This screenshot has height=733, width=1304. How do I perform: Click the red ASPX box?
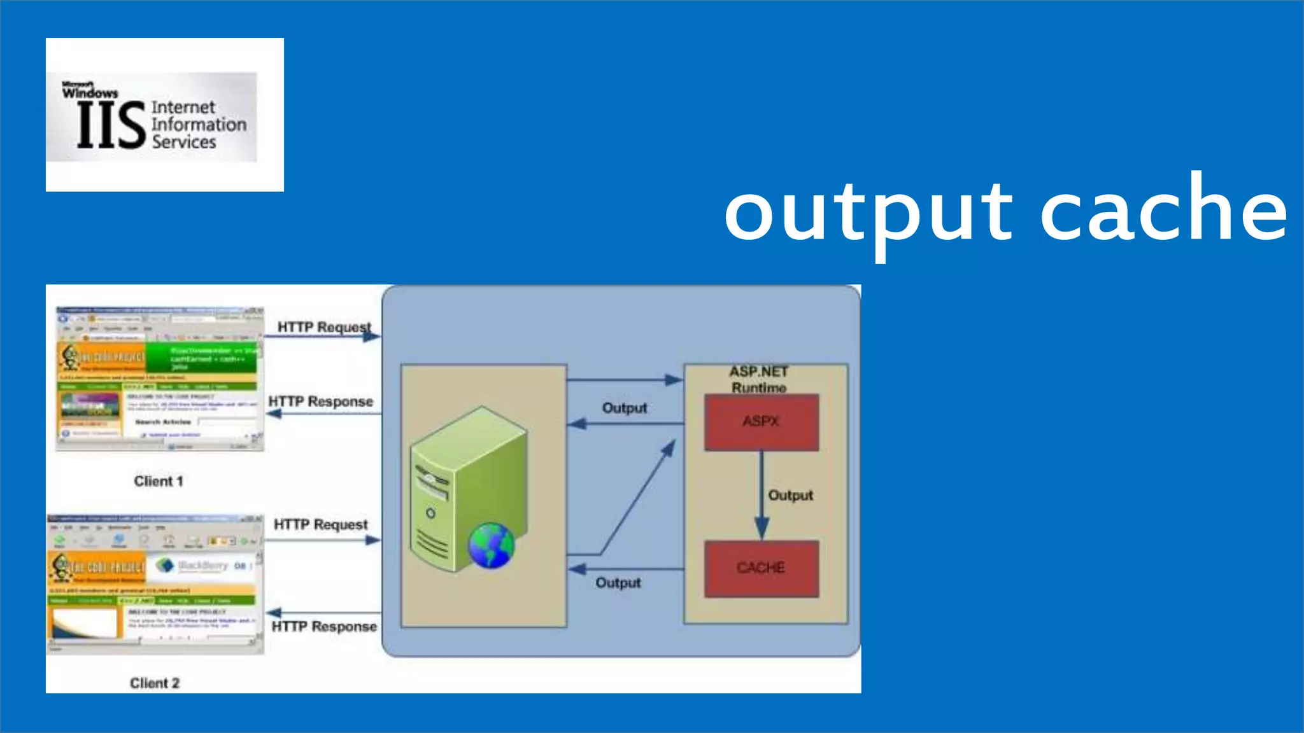[x=762, y=422]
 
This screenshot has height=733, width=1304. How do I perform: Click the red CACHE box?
[x=762, y=568]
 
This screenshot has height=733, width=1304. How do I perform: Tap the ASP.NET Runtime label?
[x=759, y=379]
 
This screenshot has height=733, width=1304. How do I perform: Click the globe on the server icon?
[x=491, y=545]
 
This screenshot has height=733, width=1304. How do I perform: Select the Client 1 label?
[x=159, y=481]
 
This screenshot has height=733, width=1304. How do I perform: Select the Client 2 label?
[x=155, y=683]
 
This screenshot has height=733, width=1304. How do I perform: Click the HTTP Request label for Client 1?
[x=324, y=327]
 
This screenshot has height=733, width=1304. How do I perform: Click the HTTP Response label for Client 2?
[x=324, y=627]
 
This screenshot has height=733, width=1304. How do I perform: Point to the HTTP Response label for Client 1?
[x=321, y=401]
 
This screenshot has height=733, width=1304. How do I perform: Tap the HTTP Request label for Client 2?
[x=321, y=524]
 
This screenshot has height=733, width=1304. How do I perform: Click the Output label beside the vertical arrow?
[x=791, y=495]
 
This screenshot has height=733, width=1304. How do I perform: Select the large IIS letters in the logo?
[x=111, y=126]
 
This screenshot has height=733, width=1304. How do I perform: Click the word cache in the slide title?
[x=1164, y=210]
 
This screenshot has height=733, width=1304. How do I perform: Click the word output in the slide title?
[x=868, y=213]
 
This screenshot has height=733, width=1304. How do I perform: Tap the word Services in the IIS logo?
[x=184, y=142]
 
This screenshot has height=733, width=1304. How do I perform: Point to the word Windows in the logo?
[x=90, y=93]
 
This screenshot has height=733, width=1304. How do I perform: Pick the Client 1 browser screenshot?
[x=159, y=379]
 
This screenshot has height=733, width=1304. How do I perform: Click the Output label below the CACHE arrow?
[x=618, y=583]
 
